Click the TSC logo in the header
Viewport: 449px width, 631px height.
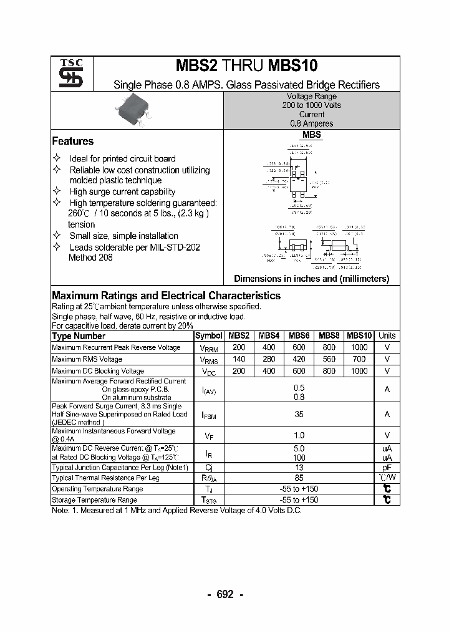pyautogui.click(x=66, y=74)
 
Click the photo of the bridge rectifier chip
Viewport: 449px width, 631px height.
pyautogui.click(x=132, y=112)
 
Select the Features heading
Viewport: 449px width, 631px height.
pyautogui.click(x=72, y=142)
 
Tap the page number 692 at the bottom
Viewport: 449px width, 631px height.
pyautogui.click(x=224, y=594)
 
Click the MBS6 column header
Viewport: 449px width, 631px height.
pyautogui.click(x=299, y=335)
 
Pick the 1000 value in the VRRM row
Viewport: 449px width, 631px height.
pyautogui.click(x=359, y=347)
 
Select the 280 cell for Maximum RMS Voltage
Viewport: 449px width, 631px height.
pyautogui.click(x=268, y=359)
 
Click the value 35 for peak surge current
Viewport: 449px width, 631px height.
pyautogui.click(x=299, y=414)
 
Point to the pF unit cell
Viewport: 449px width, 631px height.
pyautogui.click(x=387, y=467)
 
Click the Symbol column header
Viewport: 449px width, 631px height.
pyautogui.click(x=208, y=335)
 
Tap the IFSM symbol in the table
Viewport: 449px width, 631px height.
pyautogui.click(x=208, y=414)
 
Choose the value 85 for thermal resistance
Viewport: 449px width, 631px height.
pyautogui.click(x=299, y=478)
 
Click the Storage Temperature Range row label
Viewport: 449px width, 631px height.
pyautogui.click(x=94, y=500)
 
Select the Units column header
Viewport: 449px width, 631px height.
pyautogui.click(x=387, y=335)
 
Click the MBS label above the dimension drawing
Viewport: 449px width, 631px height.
pyautogui.click(x=311, y=135)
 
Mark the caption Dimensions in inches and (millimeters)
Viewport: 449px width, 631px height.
pyautogui.click(x=311, y=279)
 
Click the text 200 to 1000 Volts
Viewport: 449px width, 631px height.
pyautogui.click(x=311, y=105)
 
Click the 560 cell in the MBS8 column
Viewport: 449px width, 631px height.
pyautogui.click(x=329, y=359)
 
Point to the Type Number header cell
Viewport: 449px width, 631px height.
pyautogui.click(x=79, y=336)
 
